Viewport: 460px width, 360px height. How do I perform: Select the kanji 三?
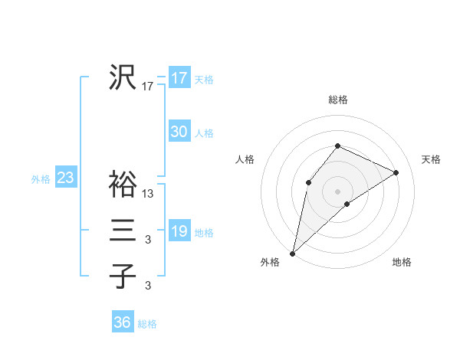click(x=123, y=230)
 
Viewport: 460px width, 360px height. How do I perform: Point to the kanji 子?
click(x=123, y=276)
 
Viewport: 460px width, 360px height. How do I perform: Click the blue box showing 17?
click(x=179, y=78)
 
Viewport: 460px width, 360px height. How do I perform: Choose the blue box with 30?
click(x=179, y=132)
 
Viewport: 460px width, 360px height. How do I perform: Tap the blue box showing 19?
click(x=179, y=231)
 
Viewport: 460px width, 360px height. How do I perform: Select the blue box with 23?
click(x=65, y=178)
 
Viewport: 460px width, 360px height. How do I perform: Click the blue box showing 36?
click(x=122, y=322)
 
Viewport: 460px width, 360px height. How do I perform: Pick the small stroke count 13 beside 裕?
click(x=148, y=194)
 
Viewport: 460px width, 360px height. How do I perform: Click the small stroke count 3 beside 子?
click(x=148, y=286)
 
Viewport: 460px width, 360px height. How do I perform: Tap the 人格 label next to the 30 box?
click(x=204, y=133)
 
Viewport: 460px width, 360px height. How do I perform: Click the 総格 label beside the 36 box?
click(x=147, y=324)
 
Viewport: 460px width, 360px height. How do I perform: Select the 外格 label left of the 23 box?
click(x=41, y=179)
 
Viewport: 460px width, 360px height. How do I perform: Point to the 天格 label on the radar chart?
click(x=432, y=159)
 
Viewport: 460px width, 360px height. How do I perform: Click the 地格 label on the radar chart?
click(x=402, y=263)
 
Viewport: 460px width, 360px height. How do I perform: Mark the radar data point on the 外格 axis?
click(x=292, y=254)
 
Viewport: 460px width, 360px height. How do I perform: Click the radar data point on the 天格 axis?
click(x=396, y=172)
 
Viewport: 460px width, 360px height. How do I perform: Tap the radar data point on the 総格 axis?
click(x=337, y=146)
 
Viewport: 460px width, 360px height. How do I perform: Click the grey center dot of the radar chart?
click(x=337, y=191)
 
